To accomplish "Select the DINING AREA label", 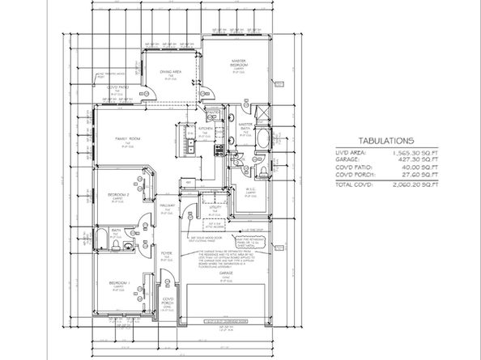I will coord(170,73).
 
